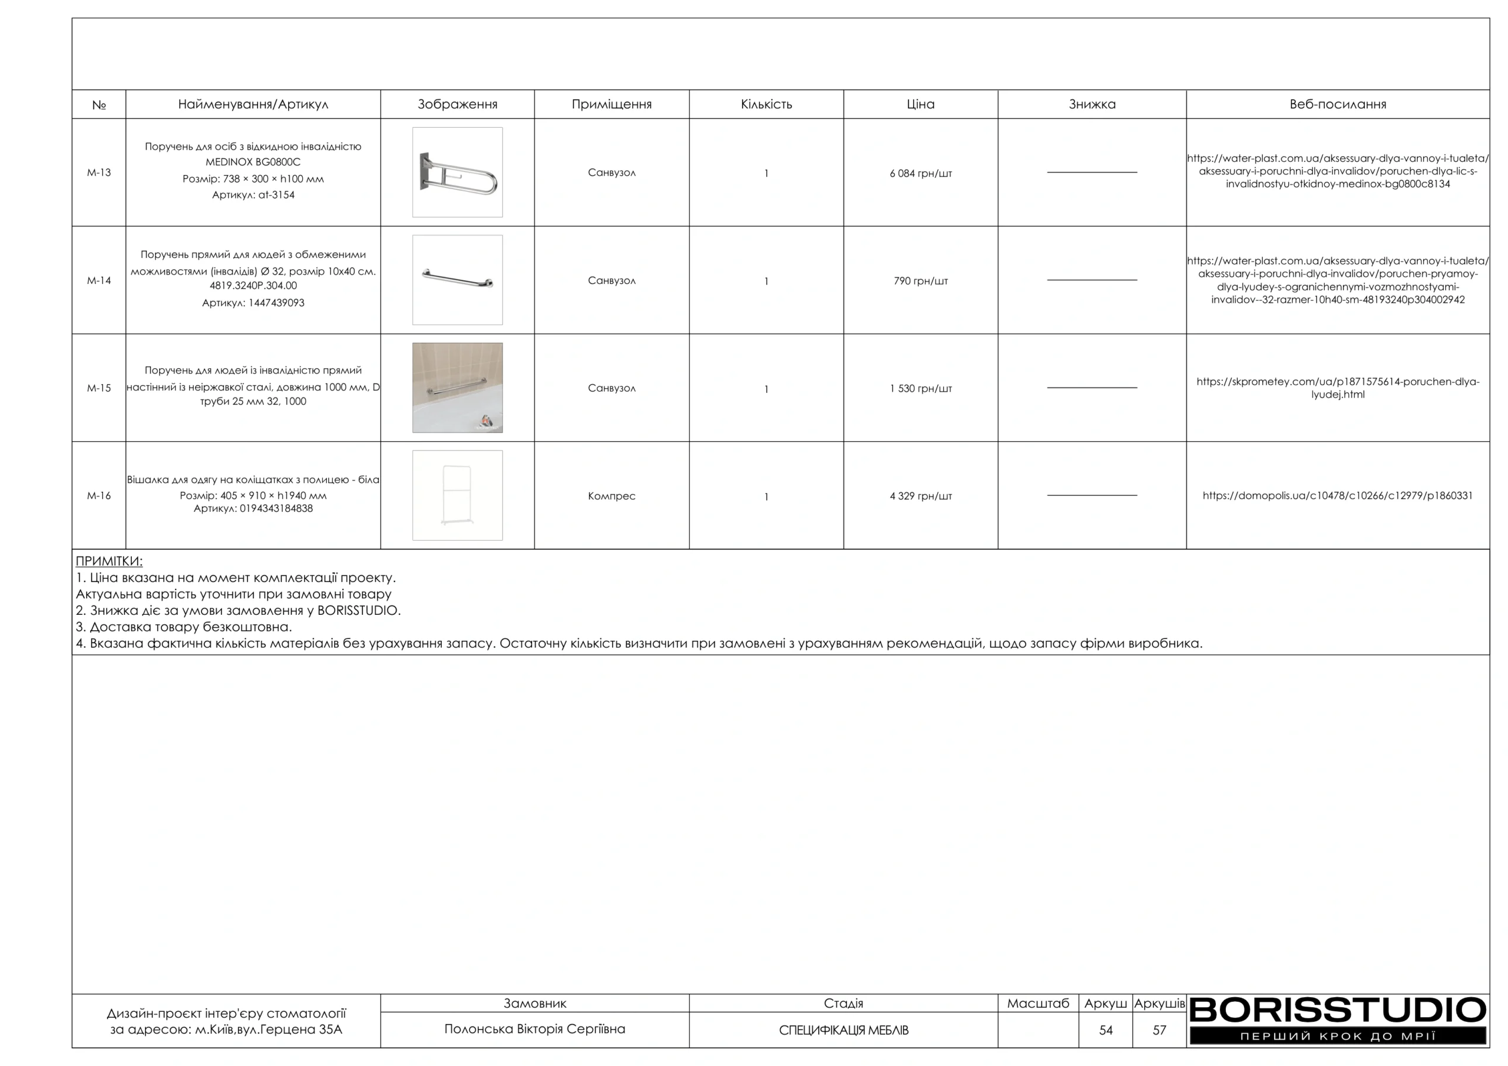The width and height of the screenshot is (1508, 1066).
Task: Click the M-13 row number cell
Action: [99, 173]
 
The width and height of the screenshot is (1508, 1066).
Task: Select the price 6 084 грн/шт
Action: [920, 173]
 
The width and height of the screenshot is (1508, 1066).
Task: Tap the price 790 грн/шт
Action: [920, 281]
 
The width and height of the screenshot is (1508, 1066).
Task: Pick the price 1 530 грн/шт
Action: [920, 389]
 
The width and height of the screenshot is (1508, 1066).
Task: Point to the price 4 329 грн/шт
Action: [920, 496]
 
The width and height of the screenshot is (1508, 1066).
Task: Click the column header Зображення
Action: [457, 104]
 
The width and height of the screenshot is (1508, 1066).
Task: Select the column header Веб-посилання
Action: [1337, 104]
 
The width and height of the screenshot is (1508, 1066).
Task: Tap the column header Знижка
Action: [1092, 104]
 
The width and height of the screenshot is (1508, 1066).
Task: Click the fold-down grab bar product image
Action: [458, 173]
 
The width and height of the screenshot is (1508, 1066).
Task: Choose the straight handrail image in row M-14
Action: [458, 280]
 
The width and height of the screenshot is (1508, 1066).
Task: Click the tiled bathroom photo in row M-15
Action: [458, 388]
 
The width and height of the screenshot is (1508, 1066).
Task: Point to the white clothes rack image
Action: [458, 495]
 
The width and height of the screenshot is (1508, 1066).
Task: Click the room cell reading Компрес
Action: [611, 496]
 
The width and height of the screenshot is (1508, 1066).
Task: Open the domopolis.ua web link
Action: [1337, 496]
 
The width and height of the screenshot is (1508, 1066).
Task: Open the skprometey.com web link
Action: [1337, 388]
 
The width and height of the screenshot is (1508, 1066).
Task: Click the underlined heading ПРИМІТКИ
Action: [109, 562]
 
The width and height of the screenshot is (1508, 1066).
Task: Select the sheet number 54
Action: [1106, 1031]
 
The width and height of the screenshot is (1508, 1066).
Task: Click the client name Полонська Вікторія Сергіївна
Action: [535, 1029]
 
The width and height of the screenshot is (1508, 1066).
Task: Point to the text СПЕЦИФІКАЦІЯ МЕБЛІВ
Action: [844, 1031]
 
